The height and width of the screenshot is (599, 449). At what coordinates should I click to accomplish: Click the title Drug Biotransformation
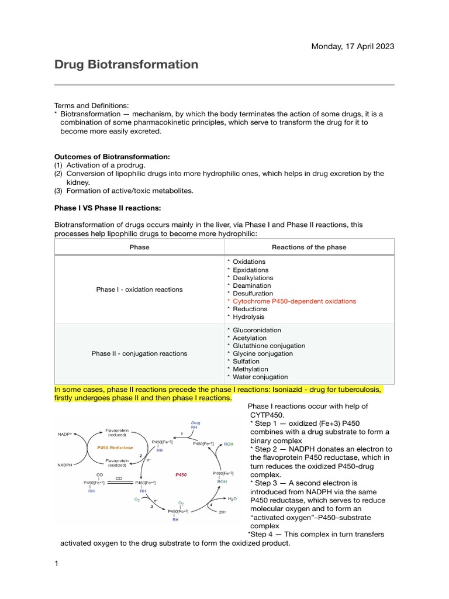126,64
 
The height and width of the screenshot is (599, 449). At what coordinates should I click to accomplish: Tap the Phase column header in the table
139,247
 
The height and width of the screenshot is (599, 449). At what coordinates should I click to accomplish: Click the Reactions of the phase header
309,247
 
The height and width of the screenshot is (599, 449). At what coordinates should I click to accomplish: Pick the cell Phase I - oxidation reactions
139,289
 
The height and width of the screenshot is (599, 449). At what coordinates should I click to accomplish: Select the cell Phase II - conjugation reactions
139,353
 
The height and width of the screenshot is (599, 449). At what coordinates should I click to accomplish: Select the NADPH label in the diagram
65,465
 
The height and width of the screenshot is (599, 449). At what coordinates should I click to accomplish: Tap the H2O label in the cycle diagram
232,499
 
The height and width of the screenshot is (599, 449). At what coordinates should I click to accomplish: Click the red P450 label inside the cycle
181,475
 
